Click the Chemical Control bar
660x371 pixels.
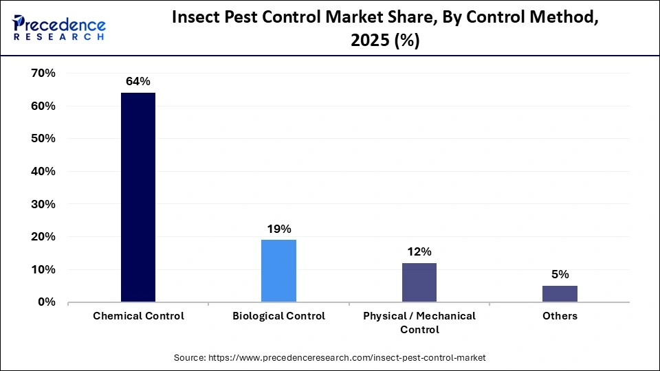(137, 197)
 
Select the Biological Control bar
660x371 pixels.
(278, 271)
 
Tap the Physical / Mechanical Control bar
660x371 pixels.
(419, 282)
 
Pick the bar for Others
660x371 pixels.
(560, 294)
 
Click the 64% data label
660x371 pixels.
(137, 81)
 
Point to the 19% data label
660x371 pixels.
(278, 228)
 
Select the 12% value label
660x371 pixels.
(419, 251)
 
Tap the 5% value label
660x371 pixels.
(560, 274)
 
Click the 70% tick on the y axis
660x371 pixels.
(43, 74)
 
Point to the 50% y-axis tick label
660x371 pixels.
(43, 139)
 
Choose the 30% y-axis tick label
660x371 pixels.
(43, 204)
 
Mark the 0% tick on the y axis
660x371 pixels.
(46, 302)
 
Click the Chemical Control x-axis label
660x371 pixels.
(137, 316)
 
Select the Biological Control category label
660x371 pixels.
(278, 316)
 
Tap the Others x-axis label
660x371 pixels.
(560, 316)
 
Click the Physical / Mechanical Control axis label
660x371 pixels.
(419, 322)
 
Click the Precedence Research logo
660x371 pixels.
(59, 27)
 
